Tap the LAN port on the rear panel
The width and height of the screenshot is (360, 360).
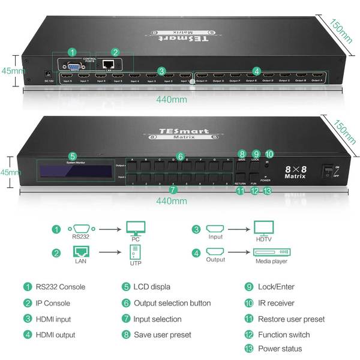pos(108,64)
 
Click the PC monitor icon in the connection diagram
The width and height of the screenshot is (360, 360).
pos(135,229)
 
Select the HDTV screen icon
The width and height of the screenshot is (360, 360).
pos(263,229)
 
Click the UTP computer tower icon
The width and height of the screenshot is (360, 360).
pos(135,252)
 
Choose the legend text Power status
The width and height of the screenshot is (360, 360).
pos(280,349)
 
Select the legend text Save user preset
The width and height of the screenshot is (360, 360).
pos(163,334)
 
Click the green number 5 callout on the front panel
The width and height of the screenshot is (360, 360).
pos(73,155)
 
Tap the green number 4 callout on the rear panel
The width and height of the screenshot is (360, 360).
pos(257,70)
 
